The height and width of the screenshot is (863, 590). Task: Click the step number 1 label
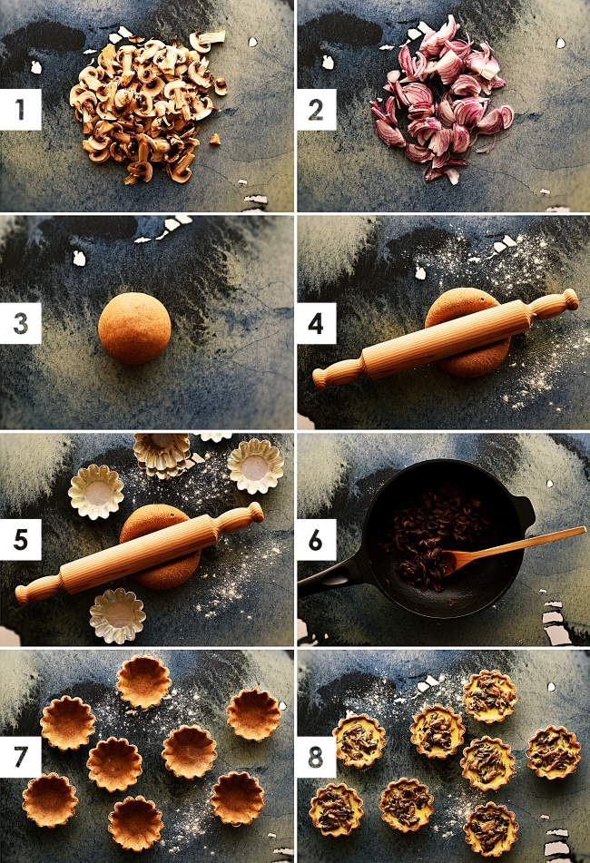coord(20,109)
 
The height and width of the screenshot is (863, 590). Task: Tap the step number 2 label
coord(316,109)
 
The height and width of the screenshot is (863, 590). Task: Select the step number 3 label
coord(20,323)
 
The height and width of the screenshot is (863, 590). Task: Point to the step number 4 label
coord(316,323)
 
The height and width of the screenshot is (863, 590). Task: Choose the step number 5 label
coord(20,539)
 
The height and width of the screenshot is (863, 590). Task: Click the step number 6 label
coord(316,539)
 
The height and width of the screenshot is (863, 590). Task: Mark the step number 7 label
coord(20,757)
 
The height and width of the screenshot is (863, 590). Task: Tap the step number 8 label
coord(316,757)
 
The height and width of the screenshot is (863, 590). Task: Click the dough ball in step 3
coord(134,329)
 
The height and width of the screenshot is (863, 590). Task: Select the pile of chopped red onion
coord(442,99)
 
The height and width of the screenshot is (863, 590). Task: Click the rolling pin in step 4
coord(446,338)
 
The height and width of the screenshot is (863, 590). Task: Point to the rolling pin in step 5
coord(139,554)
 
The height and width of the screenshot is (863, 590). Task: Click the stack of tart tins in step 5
coord(162,455)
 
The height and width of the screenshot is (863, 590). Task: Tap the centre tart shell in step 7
coord(190,751)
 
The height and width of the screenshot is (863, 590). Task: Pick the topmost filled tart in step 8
coord(489,696)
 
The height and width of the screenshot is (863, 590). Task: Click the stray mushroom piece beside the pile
coord(214,139)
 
